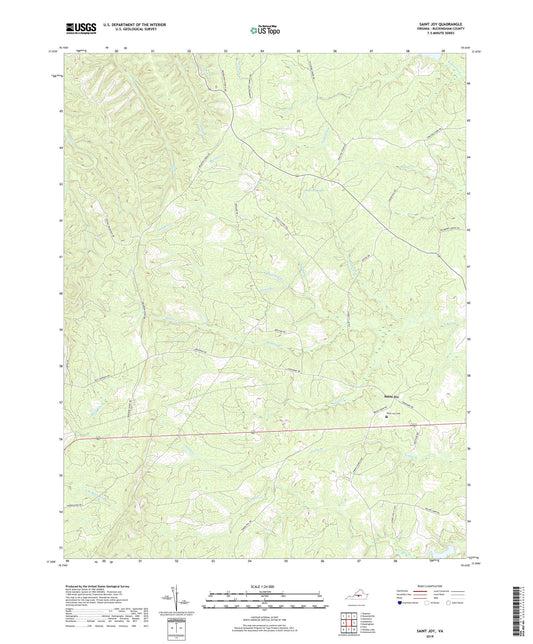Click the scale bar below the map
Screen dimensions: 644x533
click(265, 603)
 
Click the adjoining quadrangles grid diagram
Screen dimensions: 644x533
click(348, 624)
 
